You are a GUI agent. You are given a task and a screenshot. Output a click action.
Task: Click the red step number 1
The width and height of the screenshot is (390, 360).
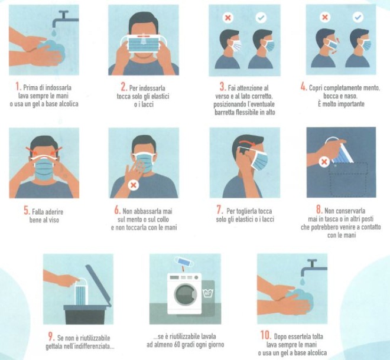click(x=17, y=87)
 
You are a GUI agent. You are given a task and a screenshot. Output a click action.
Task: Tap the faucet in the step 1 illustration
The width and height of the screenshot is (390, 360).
click(x=65, y=19)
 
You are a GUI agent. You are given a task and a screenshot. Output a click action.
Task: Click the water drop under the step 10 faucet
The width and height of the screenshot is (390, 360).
click(x=303, y=282)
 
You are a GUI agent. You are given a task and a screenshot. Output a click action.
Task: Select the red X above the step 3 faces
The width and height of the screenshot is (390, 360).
click(x=228, y=18)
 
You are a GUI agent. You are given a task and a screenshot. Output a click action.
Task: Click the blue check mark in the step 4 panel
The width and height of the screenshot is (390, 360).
click(x=358, y=17)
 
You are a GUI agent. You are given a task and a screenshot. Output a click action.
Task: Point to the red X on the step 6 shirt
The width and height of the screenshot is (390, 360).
click(x=134, y=185)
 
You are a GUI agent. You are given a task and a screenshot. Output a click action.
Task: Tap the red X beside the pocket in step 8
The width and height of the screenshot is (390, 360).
click(x=324, y=162)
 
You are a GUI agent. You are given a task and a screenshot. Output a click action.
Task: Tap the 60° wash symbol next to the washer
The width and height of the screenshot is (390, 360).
click(x=207, y=293)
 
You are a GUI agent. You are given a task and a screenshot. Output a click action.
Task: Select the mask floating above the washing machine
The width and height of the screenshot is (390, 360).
click(x=184, y=261)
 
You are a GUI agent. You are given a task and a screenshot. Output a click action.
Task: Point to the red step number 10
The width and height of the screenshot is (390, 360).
click(x=266, y=335)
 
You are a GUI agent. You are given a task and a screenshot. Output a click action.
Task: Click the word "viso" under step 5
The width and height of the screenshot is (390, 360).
click(x=54, y=220)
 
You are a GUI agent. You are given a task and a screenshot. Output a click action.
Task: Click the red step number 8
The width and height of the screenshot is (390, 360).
click(x=319, y=210)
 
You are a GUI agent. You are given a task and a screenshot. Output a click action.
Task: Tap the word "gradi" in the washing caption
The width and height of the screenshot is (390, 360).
click(x=197, y=345)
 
